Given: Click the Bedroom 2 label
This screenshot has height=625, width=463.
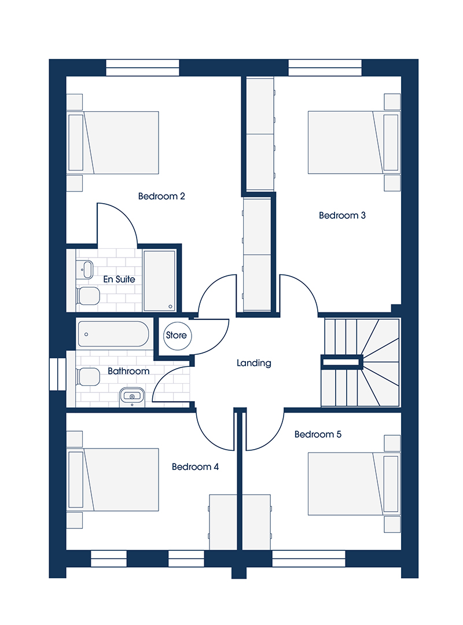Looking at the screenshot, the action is [x=161, y=196].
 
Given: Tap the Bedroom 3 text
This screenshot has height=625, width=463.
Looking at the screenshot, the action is [x=342, y=215].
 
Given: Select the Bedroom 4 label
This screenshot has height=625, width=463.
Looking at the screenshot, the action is [x=196, y=467].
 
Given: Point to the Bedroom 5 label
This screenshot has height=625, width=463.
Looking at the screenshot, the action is [x=318, y=434].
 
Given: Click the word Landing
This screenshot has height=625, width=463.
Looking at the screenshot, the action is [x=254, y=363].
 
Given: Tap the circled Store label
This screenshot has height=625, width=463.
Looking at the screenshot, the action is [x=177, y=335].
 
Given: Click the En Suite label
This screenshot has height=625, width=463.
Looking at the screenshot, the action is [x=119, y=279].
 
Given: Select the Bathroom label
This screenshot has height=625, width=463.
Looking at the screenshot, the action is [x=128, y=371].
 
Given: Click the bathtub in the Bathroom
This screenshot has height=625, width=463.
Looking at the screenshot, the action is [x=113, y=334].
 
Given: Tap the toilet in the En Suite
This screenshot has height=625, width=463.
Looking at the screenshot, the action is [x=87, y=296].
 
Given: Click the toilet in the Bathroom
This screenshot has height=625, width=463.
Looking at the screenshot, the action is [x=87, y=377].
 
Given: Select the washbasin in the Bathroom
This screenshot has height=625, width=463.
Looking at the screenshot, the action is [x=132, y=396].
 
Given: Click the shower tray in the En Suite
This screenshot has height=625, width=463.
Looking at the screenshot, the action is [x=159, y=280].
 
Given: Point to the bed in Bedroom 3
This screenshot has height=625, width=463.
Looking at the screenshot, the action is [x=354, y=142].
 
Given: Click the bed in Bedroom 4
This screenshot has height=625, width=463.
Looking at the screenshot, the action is [x=113, y=480].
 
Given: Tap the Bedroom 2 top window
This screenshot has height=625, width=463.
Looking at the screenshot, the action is [x=142, y=68].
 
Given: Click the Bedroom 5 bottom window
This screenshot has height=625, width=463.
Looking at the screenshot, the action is [x=308, y=558].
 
